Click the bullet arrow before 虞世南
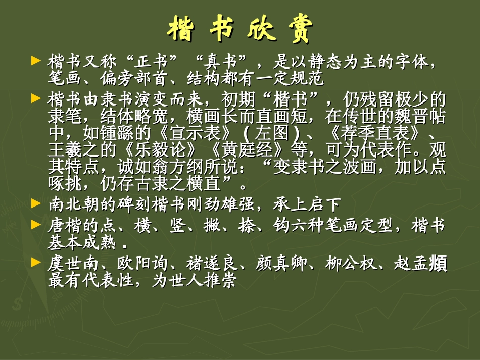click(35, 262)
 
